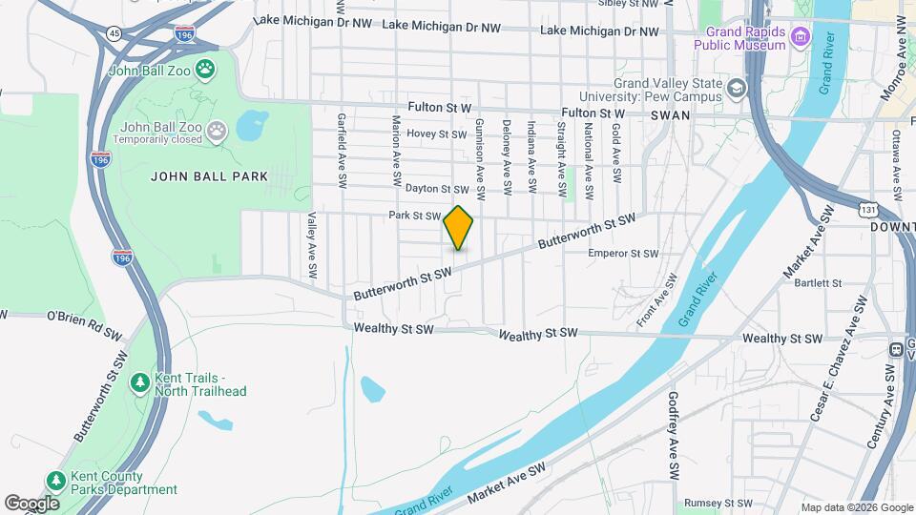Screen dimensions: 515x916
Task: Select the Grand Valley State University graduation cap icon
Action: pos(737,89)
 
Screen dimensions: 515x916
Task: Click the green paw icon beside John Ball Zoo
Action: pos(204,69)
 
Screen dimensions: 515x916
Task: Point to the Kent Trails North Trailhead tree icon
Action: pos(139,383)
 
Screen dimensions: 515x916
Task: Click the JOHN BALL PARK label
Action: pos(209,176)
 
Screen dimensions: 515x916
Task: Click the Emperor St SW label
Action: pos(623,254)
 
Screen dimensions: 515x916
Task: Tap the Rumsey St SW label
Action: pos(718,503)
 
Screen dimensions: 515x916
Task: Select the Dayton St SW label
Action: pos(438,189)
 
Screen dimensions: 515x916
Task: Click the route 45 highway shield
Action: pos(114,33)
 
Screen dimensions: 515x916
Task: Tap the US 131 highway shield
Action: pos(866,209)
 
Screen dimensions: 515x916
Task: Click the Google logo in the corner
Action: pos(31,503)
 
